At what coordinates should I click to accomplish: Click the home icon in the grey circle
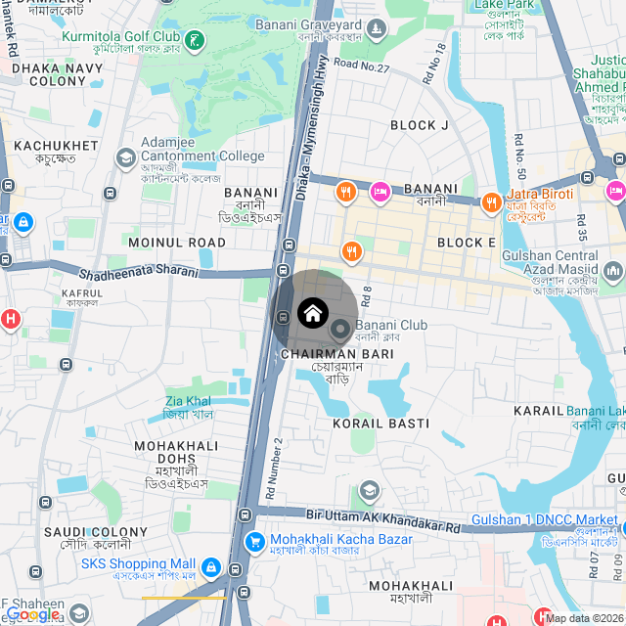point(312,313)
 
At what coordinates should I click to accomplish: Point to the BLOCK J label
point(419,125)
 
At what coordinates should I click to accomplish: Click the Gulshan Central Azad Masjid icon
point(613,270)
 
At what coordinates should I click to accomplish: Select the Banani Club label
point(391,326)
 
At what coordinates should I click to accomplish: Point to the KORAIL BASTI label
point(380,424)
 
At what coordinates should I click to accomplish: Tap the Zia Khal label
point(188,401)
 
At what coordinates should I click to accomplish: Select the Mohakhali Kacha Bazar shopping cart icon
point(254,541)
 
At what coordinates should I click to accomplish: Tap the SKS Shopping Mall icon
point(210,566)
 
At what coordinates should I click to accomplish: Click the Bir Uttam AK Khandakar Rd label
point(382,518)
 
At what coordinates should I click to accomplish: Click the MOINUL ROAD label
point(177,242)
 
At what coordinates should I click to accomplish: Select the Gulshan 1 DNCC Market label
point(544,519)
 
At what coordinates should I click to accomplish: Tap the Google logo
point(31,614)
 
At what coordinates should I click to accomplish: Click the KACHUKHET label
point(56,146)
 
